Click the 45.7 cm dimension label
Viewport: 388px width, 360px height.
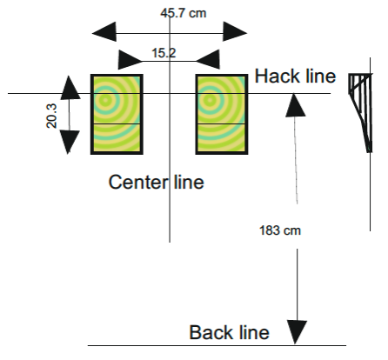(x=184, y=13)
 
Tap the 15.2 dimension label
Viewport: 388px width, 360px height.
(x=164, y=53)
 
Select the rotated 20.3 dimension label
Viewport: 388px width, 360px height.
(x=51, y=116)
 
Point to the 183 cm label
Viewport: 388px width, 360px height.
(x=280, y=230)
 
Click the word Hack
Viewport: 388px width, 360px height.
(x=278, y=77)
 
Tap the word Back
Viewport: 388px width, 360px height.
(x=211, y=332)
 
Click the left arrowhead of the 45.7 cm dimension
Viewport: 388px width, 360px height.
(x=104, y=32)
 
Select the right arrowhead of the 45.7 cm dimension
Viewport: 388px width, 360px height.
(x=235, y=31)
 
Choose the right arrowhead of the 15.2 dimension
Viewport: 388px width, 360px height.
(x=208, y=59)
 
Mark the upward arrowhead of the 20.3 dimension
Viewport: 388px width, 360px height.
(x=70, y=88)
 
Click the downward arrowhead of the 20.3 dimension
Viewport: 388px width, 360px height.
(x=69, y=142)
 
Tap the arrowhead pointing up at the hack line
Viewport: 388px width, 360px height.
(x=295, y=105)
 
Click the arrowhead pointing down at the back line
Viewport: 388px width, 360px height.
(x=297, y=332)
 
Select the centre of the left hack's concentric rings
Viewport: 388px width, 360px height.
(x=105, y=100)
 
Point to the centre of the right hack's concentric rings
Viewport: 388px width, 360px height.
(x=210, y=100)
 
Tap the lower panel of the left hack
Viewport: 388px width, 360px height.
(x=117, y=138)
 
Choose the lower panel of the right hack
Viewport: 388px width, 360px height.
(x=222, y=138)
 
